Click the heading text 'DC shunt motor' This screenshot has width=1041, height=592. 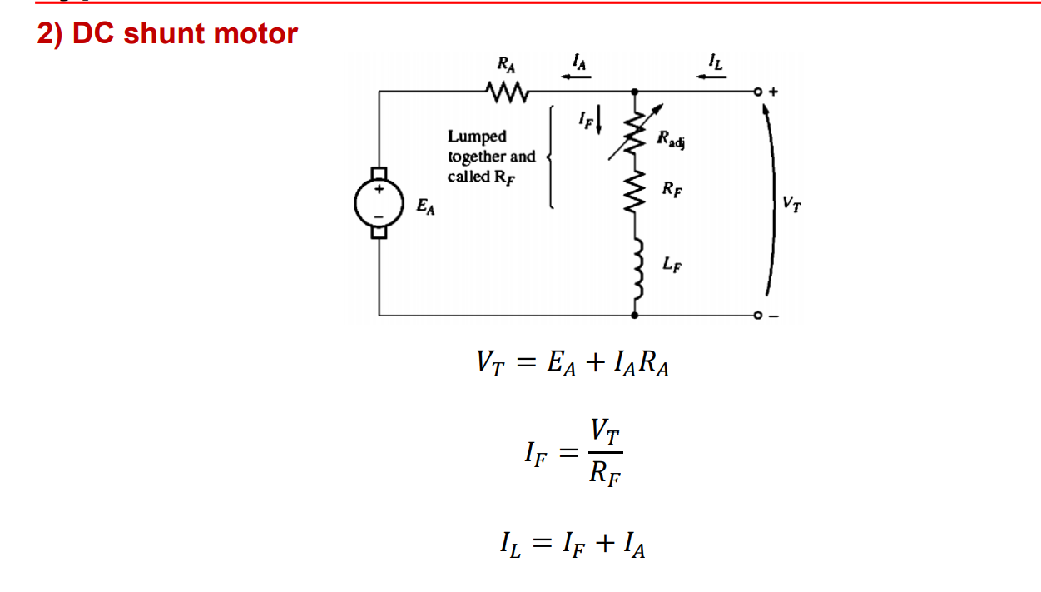click(x=185, y=33)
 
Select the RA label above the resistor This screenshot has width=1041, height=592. click(x=505, y=62)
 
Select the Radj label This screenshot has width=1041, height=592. click(x=671, y=139)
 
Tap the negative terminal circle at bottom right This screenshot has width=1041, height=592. click(x=758, y=316)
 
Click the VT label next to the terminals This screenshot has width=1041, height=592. click(x=793, y=202)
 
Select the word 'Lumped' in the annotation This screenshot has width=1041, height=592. click(x=477, y=136)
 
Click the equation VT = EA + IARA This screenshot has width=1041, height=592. click(x=573, y=363)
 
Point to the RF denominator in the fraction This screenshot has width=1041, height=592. click(x=606, y=475)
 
